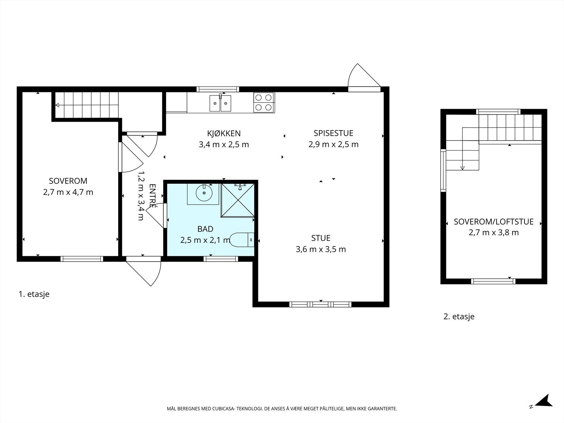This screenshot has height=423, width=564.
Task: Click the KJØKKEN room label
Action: (224, 134)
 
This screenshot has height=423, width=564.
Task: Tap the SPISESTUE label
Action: (333, 133)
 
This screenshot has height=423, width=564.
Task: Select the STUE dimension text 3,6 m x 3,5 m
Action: (321, 249)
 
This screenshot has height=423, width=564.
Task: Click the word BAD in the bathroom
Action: (205, 229)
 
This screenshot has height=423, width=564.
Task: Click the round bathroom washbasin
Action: (204, 193)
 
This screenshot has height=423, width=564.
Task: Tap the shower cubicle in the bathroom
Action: (238, 200)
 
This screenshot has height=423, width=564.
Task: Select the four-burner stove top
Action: (264, 103)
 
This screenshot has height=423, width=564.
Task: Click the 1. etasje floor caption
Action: (34, 294)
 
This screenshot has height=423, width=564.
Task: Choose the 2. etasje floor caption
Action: (459, 317)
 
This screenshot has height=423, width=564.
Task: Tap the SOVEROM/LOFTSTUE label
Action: (493, 222)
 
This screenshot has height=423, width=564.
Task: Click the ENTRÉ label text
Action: (152, 196)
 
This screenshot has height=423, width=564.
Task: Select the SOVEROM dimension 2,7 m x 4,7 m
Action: (68, 192)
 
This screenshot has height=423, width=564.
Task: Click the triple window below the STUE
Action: (320, 305)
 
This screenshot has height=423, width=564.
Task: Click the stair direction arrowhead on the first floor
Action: (57, 105)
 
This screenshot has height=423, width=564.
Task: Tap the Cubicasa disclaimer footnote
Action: (282, 409)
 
